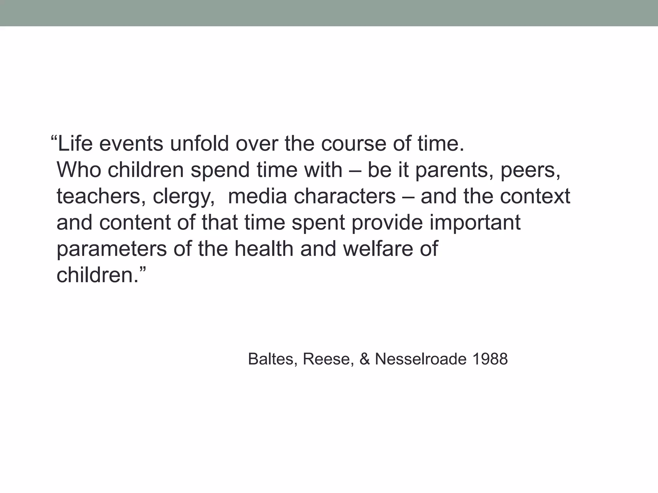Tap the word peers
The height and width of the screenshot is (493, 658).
530,170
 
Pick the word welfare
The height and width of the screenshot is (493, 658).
376,248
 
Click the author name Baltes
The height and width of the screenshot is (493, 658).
271,359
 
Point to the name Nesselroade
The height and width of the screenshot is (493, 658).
421,359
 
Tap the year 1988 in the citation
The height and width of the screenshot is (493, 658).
490,359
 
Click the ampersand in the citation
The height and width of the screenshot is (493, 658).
365,359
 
